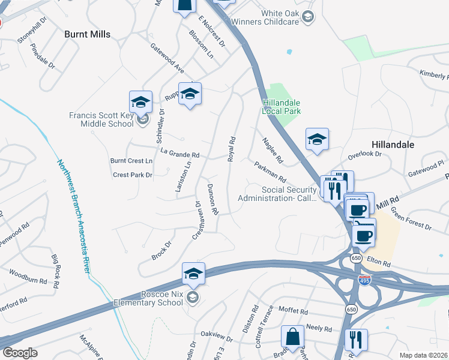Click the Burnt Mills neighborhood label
(x=88, y=35)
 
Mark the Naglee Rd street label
(x=273, y=150)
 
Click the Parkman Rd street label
(x=270, y=172)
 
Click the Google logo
(x=20, y=353)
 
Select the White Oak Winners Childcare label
(x=279, y=17)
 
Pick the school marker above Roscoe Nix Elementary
(x=193, y=274)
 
